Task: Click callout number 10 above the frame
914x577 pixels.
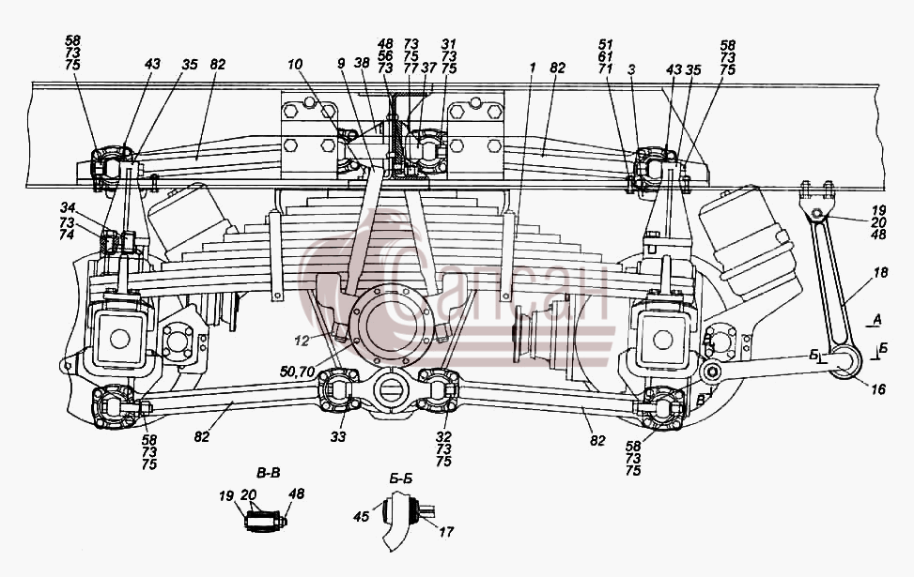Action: tap(296, 64)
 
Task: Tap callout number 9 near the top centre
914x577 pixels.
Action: tap(341, 63)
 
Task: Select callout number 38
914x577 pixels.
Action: tap(362, 63)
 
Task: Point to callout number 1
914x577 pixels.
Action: tap(532, 68)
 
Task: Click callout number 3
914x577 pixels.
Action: tap(631, 70)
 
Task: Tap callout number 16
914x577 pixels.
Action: tap(878, 388)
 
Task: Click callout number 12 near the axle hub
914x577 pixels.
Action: tap(302, 342)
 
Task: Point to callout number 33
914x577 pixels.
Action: tap(338, 436)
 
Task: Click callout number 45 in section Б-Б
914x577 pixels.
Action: tap(362, 516)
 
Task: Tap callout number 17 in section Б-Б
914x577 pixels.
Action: tap(446, 532)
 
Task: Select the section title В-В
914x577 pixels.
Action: tap(268, 472)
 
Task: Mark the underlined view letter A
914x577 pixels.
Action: tap(877, 320)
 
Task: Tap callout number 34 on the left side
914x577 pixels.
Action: tap(67, 206)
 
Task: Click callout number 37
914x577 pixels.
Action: tap(428, 68)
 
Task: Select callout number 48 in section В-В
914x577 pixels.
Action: tap(296, 494)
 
